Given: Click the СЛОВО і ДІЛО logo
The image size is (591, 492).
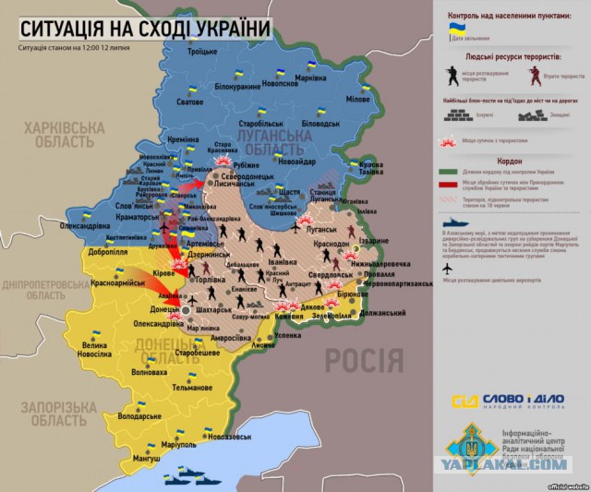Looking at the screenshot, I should click(x=507, y=402).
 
